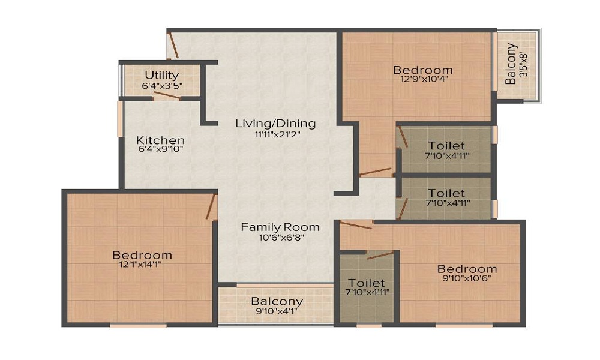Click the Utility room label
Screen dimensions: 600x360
coord(161,74)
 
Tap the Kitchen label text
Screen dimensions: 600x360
coord(160,140)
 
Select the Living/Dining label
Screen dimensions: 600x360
coord(275,124)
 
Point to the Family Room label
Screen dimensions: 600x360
coord(280,227)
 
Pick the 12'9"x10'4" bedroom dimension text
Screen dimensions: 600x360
coord(424,79)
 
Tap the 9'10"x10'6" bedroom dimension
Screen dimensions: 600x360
coord(467,278)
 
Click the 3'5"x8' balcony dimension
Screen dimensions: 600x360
coord(523,64)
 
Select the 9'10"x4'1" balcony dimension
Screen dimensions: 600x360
coord(277,311)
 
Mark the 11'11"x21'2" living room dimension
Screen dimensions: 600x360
coord(277,134)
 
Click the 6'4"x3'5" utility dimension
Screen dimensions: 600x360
coord(162,86)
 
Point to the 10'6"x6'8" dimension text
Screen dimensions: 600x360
coord(281,238)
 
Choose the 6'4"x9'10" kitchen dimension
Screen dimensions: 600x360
coord(161,149)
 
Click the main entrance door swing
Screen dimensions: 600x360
coord(173,46)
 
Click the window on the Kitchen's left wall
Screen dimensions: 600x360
coord(120,119)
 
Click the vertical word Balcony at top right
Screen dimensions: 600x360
coord(511,64)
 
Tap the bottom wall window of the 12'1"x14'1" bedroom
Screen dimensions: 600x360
coord(139,326)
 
